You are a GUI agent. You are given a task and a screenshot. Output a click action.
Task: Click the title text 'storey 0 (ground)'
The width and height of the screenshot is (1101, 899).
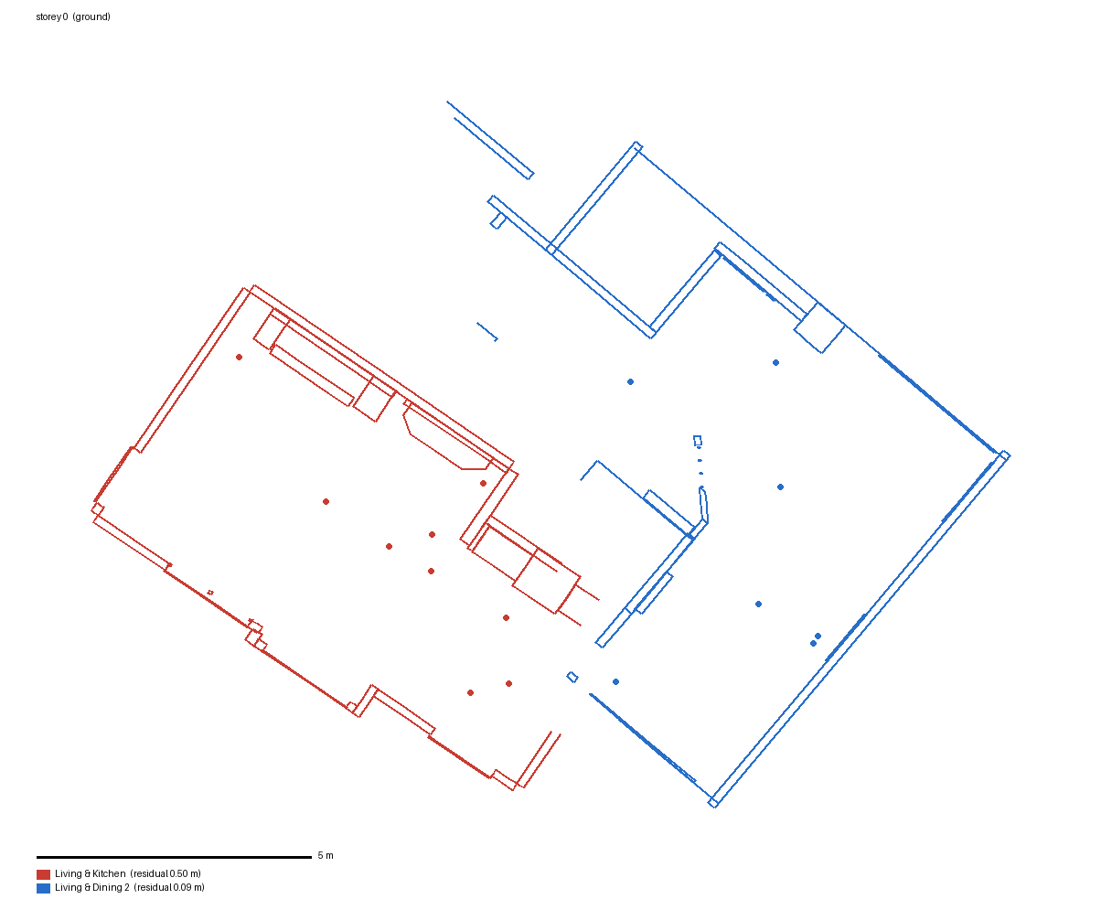click(x=73, y=16)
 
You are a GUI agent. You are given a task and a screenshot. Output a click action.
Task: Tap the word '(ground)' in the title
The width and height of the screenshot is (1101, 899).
click(x=91, y=16)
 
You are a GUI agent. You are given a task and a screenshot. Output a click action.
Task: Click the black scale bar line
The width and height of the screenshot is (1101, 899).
click(x=174, y=857)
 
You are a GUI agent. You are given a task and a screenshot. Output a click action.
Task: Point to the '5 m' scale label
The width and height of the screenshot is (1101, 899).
click(x=326, y=855)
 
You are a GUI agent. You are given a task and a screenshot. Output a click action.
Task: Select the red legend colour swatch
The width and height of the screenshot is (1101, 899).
click(x=43, y=874)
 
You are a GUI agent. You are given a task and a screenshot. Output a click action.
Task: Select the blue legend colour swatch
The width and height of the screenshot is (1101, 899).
click(x=43, y=887)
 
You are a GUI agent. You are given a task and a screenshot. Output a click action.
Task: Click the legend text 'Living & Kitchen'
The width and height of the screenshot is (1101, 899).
click(x=91, y=873)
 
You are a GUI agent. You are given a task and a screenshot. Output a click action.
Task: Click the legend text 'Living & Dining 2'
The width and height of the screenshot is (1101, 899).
click(x=91, y=887)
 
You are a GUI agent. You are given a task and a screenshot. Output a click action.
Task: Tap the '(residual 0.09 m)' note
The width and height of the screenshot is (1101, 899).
click(x=169, y=887)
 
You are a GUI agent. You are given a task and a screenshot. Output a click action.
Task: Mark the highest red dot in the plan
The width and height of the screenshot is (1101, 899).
click(x=239, y=357)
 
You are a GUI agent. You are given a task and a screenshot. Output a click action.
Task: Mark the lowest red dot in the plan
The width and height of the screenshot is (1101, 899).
click(x=470, y=693)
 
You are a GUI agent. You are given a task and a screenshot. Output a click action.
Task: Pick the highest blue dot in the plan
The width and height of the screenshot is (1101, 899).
click(x=775, y=362)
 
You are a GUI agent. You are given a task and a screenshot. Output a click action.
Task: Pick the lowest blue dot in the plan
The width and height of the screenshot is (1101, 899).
click(x=616, y=682)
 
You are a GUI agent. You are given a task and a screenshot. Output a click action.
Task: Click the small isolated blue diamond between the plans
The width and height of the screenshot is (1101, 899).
click(x=572, y=677)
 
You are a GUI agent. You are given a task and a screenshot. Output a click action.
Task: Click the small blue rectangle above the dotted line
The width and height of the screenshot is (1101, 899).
click(x=698, y=441)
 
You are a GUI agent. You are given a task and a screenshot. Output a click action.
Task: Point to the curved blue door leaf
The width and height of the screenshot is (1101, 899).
click(x=704, y=504)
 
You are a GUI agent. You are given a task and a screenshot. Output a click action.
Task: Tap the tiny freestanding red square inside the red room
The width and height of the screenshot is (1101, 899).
click(x=210, y=593)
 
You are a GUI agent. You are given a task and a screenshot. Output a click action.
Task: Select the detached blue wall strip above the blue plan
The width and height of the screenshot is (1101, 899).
click(x=490, y=140)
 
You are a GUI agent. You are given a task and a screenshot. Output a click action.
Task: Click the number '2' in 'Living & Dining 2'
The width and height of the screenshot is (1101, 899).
click(x=126, y=887)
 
